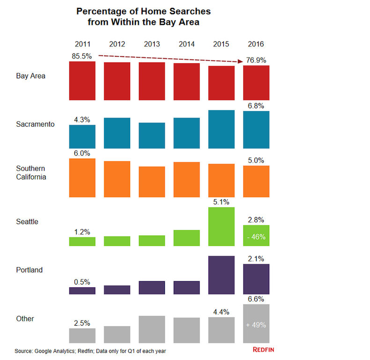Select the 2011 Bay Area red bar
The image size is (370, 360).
pyautogui.click(x=82, y=81)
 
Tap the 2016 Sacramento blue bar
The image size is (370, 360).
pyautogui.click(x=256, y=129)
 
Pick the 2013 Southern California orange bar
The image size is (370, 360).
pyautogui.click(x=152, y=181)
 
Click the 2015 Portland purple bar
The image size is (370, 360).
pyautogui.click(x=221, y=275)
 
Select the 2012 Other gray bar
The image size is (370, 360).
pyautogui.click(x=117, y=335)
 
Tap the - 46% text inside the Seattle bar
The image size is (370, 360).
pyautogui.click(x=256, y=237)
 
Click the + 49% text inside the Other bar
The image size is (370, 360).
pyautogui.click(x=256, y=325)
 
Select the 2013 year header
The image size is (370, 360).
pyautogui.click(x=152, y=45)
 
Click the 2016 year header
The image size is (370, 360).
pyautogui.click(x=256, y=45)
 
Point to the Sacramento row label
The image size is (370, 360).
pyautogui.click(x=35, y=124)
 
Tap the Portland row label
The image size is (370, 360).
pyautogui.click(x=30, y=270)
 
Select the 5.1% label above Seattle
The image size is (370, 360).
pyautogui.click(x=221, y=202)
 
